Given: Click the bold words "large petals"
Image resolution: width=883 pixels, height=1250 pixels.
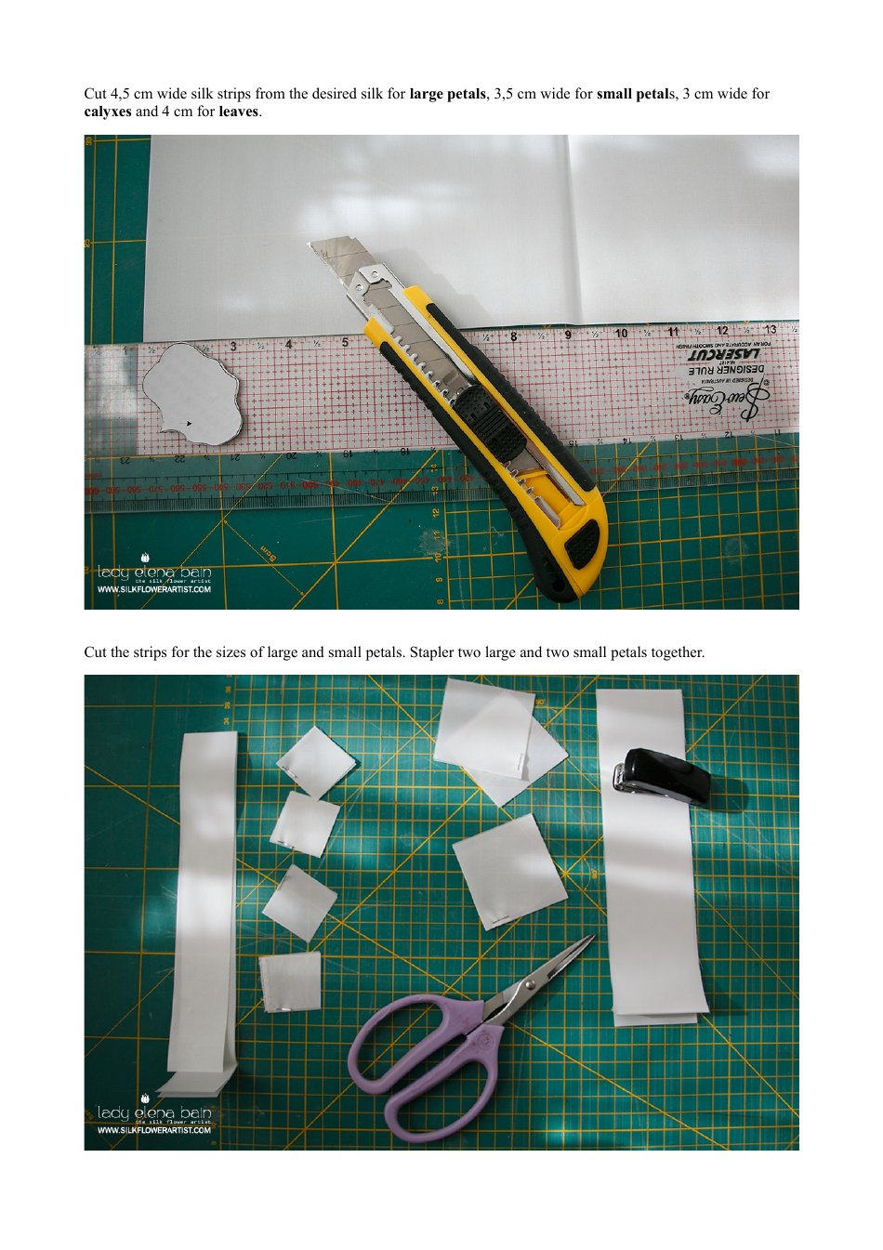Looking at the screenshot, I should coord(447,94).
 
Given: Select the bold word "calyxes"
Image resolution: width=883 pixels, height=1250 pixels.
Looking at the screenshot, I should coord(108,112).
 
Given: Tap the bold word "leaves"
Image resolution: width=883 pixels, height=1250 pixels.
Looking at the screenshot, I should coord(239,112).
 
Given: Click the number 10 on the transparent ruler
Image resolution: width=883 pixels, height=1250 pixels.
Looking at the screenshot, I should coord(621,334).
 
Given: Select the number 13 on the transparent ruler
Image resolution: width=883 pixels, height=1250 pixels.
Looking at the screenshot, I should coord(770,330).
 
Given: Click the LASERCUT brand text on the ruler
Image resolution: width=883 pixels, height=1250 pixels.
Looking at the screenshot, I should coord(723,354).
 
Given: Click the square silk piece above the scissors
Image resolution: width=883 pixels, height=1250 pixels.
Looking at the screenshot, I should coord(509,871).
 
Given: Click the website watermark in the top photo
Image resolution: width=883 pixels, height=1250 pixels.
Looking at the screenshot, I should coord(154,589).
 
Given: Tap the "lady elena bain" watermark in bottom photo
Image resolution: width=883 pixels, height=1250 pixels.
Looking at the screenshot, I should coord(154,1112).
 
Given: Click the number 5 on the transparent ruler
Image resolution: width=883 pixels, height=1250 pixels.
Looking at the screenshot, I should coord(345,342).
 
